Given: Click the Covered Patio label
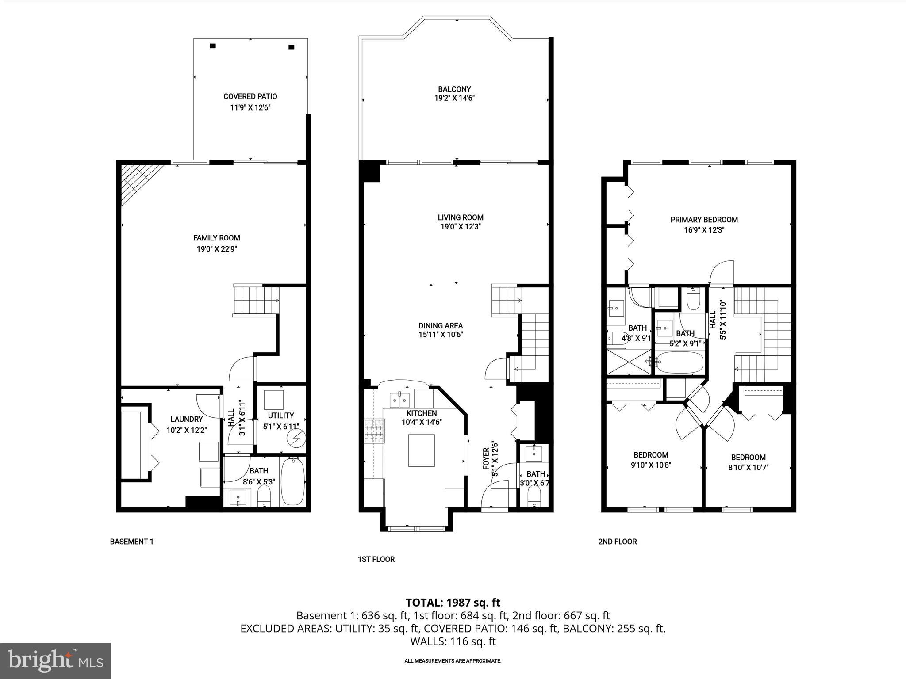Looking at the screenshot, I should (250, 96).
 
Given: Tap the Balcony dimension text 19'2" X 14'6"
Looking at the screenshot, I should (454, 98).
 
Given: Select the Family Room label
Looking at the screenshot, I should (217, 238).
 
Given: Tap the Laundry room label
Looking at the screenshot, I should (186, 419).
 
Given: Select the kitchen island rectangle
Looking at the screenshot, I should (421, 450).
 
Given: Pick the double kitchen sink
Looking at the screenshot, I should (399, 400).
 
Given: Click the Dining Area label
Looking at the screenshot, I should (441, 326).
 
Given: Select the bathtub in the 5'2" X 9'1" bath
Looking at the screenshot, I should (680, 363).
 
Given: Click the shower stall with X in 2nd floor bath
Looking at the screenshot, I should (628, 362).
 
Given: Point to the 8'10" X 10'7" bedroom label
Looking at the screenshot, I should (748, 458).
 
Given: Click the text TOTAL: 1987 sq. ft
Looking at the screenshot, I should (453, 602).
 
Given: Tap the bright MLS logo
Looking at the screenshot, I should (55, 661).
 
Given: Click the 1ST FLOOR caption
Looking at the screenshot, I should (376, 559).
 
